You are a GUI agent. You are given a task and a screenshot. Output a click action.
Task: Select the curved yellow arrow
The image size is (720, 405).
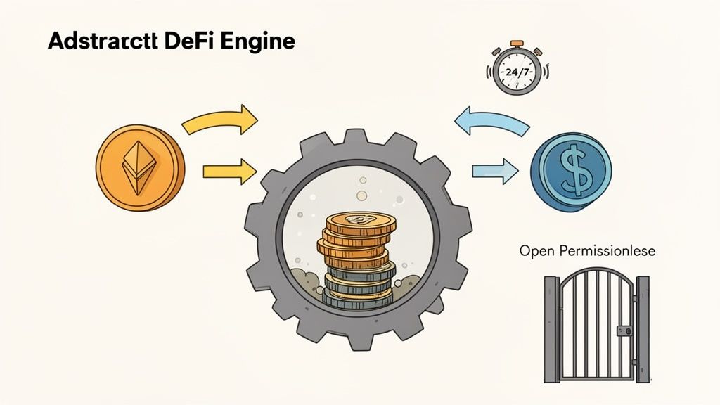pyautogui.click(x=220, y=119)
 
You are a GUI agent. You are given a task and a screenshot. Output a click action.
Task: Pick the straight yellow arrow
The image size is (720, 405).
pyautogui.click(x=229, y=169)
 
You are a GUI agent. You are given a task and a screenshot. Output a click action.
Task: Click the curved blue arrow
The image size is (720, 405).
pyautogui.click(x=491, y=120)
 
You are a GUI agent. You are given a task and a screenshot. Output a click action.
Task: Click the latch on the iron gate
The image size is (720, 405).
pyautogui.click(x=623, y=330)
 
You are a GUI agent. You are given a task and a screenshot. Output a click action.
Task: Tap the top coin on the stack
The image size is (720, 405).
pyautogui.click(x=361, y=221)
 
